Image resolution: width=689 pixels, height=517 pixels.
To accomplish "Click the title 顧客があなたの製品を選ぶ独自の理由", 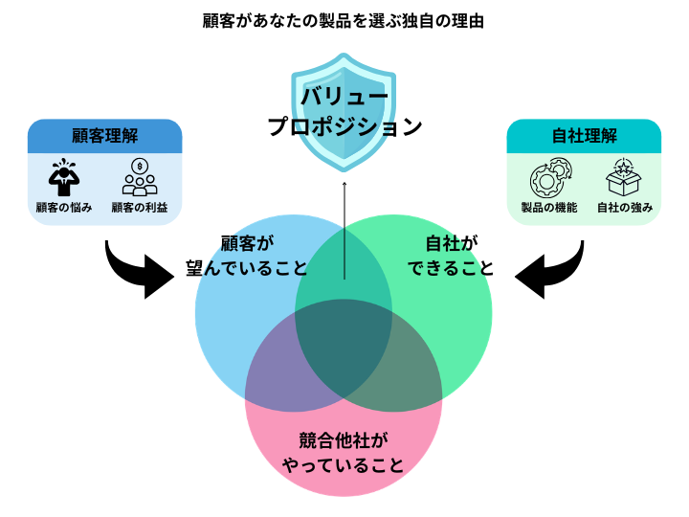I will (x=344, y=19).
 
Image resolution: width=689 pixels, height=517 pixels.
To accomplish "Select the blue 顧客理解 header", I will (x=104, y=135).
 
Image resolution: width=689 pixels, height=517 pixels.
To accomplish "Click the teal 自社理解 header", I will (x=583, y=135).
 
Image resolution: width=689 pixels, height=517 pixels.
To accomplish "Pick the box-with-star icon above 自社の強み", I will (x=623, y=177).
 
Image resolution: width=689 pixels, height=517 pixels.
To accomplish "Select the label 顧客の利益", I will (x=140, y=208).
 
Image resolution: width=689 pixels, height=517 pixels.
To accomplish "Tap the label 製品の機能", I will (x=548, y=208).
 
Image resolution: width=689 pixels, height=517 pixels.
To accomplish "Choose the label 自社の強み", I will (x=624, y=208).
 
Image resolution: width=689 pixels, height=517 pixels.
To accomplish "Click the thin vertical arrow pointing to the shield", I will (x=344, y=230).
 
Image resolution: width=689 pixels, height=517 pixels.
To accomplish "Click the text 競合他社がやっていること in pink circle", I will (x=342, y=455).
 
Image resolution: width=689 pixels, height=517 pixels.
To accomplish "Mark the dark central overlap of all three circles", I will (x=344, y=349).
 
